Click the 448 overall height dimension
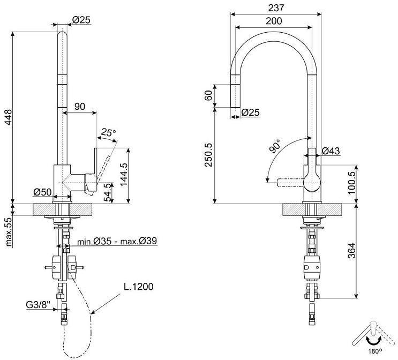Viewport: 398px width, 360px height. (x=9, y=117)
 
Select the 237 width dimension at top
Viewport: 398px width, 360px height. (x=276, y=8)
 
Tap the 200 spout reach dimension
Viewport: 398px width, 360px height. (x=274, y=21)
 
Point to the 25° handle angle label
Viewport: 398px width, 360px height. (x=108, y=132)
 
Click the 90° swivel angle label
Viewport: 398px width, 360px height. (x=275, y=146)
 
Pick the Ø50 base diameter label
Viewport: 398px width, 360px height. (x=42, y=192)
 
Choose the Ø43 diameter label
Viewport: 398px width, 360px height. (x=331, y=151)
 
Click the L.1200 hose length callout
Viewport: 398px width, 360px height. (x=139, y=287)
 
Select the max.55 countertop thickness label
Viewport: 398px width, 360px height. (x=9, y=232)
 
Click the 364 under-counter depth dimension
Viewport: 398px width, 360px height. (x=352, y=251)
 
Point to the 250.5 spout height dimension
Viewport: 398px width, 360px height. (x=209, y=155)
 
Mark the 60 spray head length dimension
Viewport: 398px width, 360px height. (x=208, y=96)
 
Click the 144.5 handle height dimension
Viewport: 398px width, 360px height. (x=124, y=175)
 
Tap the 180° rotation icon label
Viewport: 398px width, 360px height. (x=375, y=351)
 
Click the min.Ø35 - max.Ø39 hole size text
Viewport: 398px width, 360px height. (x=117, y=241)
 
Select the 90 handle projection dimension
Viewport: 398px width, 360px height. (x=80, y=107)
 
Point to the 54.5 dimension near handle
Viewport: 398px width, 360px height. (x=109, y=193)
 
